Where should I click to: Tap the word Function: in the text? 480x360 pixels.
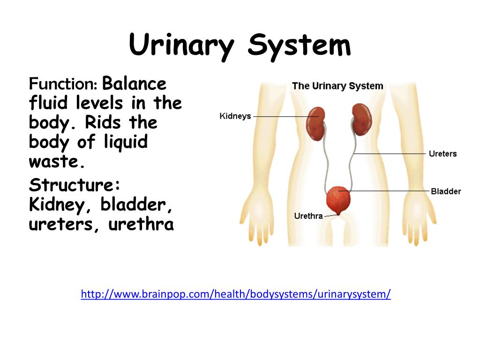(63, 84)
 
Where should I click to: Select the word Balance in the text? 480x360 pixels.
(135, 84)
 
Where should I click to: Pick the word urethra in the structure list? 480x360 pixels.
(141, 225)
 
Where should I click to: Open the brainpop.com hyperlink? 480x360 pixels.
(236, 294)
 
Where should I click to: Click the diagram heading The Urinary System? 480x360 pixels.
(337, 86)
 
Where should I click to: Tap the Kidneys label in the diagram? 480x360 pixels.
(235, 116)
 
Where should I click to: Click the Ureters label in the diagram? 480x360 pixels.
(442, 154)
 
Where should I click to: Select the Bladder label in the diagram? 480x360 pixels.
(446, 191)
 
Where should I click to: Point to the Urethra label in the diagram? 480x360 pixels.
(308, 216)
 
